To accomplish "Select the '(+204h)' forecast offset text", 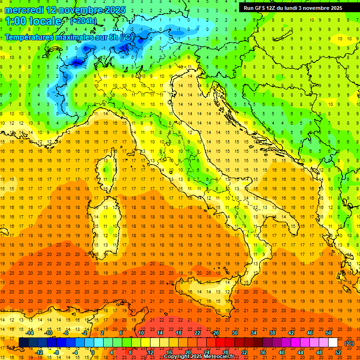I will point(83,21).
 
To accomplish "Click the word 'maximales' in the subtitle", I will point(76,37).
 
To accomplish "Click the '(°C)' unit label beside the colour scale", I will point(349,343).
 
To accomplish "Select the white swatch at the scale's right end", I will point(333,343).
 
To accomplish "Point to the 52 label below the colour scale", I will point(338,352).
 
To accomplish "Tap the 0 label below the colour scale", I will point(93,352).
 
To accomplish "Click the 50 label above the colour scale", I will point(329,333).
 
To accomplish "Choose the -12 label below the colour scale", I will point(39,352).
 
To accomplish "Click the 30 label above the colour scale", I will point(234,333).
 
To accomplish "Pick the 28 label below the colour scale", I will point(225,352).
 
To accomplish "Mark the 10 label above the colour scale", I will point(141,333).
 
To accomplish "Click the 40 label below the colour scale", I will point(282,352).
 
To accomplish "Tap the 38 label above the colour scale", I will point(272,333).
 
